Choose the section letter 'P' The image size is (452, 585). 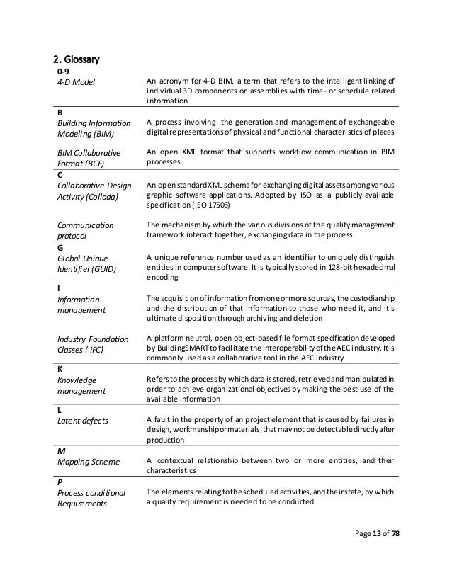click(59, 482)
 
